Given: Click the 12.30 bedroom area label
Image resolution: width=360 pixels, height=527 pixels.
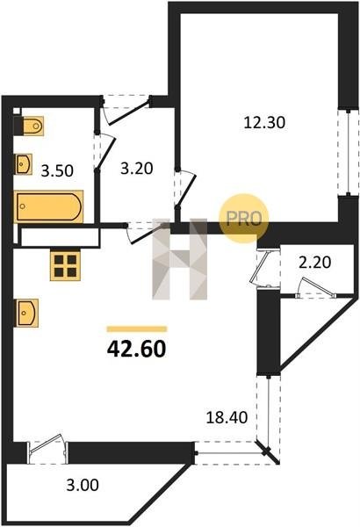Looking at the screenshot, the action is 264,123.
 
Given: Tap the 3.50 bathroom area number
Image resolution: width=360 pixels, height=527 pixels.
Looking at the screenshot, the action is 57,170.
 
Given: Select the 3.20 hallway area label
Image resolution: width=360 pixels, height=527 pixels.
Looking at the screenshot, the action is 137,168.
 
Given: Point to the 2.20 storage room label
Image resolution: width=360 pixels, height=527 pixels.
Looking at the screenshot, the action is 315,262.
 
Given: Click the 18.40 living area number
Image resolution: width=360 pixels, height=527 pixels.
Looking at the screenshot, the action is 227,417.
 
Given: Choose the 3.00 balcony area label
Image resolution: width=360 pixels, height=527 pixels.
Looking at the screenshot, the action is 83,485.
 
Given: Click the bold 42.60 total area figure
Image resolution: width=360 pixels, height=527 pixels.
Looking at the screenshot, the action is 136,350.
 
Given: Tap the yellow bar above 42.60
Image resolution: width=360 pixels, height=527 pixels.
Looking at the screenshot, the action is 136,329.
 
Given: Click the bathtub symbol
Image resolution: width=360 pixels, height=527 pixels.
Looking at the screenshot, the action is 49,206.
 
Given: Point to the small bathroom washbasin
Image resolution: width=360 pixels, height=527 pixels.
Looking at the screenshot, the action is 24,164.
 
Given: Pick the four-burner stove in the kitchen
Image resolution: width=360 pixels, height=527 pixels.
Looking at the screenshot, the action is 65,265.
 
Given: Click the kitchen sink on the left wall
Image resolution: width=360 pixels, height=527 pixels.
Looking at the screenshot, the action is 26,313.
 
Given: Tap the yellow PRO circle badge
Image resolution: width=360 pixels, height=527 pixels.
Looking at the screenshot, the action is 244,219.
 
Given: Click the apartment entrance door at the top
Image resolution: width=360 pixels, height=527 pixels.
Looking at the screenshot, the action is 126,110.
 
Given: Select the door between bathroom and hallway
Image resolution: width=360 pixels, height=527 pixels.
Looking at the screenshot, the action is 104,152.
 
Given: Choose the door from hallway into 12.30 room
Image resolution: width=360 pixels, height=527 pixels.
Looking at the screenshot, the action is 185,189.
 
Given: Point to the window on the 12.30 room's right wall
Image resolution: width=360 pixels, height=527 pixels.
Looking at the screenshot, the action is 349,152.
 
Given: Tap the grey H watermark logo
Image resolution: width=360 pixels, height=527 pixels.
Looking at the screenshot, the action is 180,259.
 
